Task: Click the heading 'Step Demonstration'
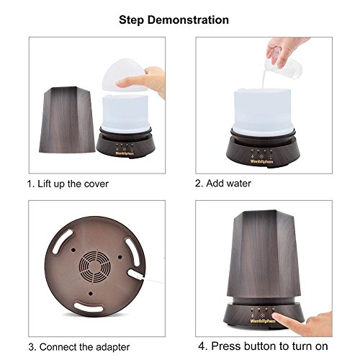[x=174, y=20]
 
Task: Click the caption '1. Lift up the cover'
[x=68, y=184]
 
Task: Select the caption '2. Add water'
[x=223, y=184]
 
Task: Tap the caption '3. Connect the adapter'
[x=79, y=347]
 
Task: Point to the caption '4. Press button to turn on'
[x=263, y=346]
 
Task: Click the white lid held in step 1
[x=124, y=75]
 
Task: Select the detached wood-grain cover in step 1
[x=67, y=120]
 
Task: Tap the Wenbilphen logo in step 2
[x=261, y=161]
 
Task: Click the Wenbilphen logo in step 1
[x=125, y=153]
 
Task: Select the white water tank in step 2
[x=262, y=111]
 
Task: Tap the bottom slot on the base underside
[x=89, y=307]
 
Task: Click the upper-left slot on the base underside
[x=63, y=241]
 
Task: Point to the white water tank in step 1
[x=125, y=113]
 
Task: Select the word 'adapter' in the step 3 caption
[x=112, y=347]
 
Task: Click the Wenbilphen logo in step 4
[x=263, y=321]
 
